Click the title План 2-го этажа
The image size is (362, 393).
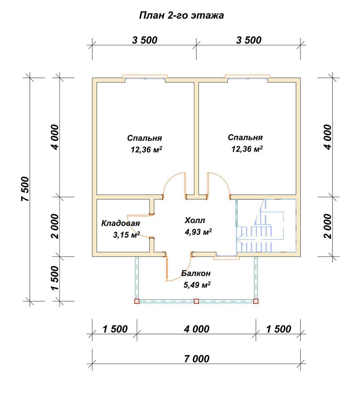click(x=181, y=16)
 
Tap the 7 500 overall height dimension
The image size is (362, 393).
click(x=26, y=189)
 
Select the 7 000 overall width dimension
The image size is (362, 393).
click(x=197, y=359)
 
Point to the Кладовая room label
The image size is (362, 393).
click(x=121, y=223)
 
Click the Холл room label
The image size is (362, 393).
click(x=195, y=220)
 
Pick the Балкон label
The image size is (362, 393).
click(x=196, y=273)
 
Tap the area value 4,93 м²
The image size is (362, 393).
click(x=198, y=232)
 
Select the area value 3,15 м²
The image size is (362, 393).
click(x=126, y=235)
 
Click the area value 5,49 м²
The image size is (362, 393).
click(x=197, y=285)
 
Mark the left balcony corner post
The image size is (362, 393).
click(x=137, y=301)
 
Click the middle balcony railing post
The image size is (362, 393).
click(x=196, y=301)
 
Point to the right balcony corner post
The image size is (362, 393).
click(x=256, y=301)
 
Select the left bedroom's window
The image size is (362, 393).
click(x=145, y=78)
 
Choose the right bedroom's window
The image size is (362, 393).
click(x=248, y=78)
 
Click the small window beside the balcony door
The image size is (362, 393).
click(x=226, y=256)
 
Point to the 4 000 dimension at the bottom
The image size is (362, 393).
click(x=197, y=329)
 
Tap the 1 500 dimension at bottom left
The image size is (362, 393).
click(x=115, y=329)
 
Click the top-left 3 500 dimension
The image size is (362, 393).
click(x=145, y=40)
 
